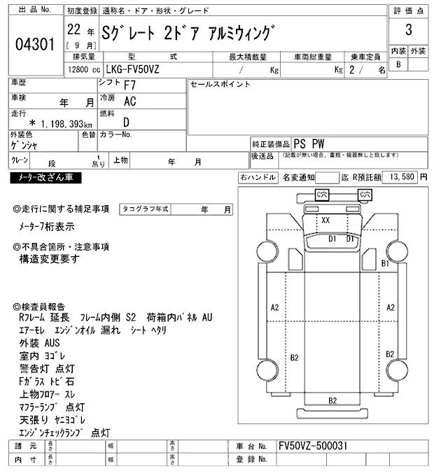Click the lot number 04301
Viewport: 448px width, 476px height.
pyautogui.click(x=34, y=43)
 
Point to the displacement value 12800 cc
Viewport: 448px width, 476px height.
pyautogui.click(x=83, y=70)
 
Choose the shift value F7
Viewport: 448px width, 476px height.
pyautogui.click(x=129, y=87)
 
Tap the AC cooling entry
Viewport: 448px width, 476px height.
pyautogui.click(x=129, y=101)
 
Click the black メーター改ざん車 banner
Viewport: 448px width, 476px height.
pyautogui.click(x=45, y=178)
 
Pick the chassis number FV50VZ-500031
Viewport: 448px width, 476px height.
pyautogui.click(x=312, y=446)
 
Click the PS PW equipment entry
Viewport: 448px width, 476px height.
pyautogui.click(x=312, y=143)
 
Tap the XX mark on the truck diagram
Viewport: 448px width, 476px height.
pyautogui.click(x=325, y=220)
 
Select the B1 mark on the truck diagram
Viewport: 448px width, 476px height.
pyautogui.click(x=384, y=263)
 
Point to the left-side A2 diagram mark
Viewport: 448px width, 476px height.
pyautogui.click(x=274, y=307)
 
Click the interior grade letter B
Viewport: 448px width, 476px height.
pyautogui.click(x=398, y=64)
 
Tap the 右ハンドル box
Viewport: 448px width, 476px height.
pyautogui.click(x=258, y=177)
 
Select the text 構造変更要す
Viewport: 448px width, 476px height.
pyautogui.click(x=50, y=258)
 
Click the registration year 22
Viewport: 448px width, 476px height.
pyautogui.click(x=72, y=31)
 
